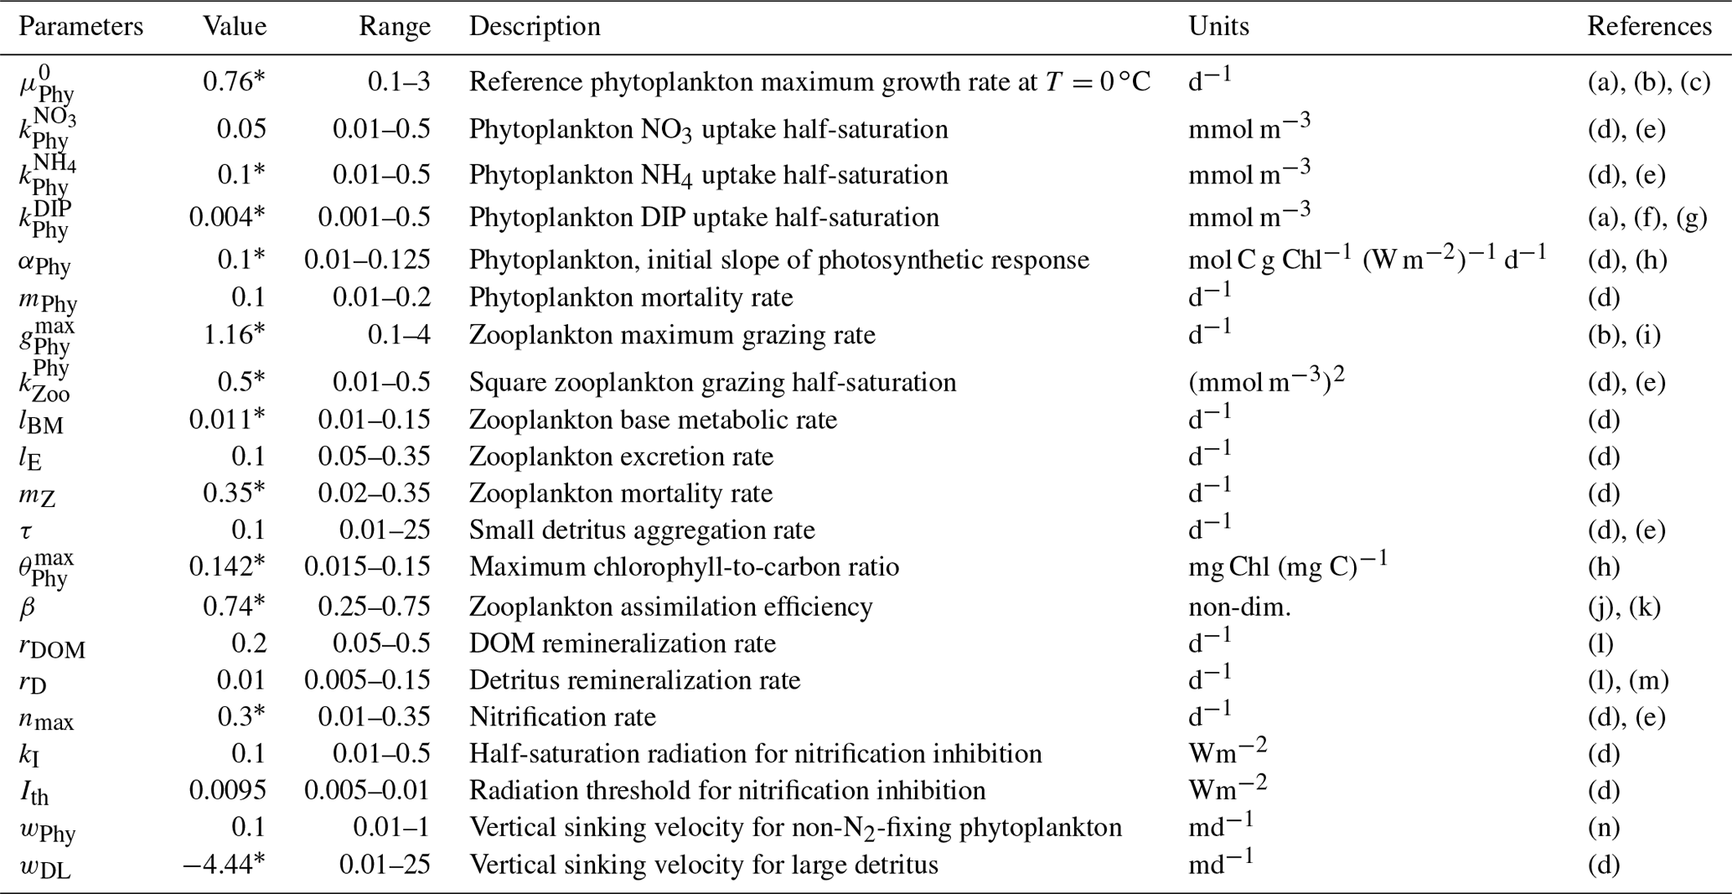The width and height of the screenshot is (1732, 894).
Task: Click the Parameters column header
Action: pyautogui.click(x=80, y=27)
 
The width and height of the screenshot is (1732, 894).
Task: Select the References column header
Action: pyautogui.click(x=1648, y=27)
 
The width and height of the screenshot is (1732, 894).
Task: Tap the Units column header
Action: pyautogui.click(x=1218, y=27)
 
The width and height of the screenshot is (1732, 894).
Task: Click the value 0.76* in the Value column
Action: pyautogui.click(x=234, y=82)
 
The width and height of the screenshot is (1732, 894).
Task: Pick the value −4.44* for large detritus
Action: pyautogui.click(x=224, y=865)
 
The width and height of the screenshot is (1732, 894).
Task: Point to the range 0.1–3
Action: pyautogui.click(x=399, y=82)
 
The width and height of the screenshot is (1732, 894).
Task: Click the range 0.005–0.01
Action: pyautogui.click(x=367, y=791)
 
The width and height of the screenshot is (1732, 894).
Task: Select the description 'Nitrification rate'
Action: pyautogui.click(x=562, y=717)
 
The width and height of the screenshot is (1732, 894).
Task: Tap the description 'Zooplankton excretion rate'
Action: pyautogui.click(x=621, y=457)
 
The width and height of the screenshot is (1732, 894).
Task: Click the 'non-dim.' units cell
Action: pyautogui.click(x=1239, y=607)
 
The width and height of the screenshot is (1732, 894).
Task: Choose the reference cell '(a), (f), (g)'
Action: pyautogui.click(x=1647, y=218)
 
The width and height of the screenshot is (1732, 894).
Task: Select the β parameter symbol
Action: pyautogui.click(x=27, y=607)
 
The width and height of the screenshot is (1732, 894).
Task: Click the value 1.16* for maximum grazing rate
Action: pyautogui.click(x=234, y=335)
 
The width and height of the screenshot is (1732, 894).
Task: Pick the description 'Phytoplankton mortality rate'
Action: pyautogui.click(x=630, y=298)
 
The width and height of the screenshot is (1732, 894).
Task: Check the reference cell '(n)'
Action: pyautogui.click(x=1603, y=828)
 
